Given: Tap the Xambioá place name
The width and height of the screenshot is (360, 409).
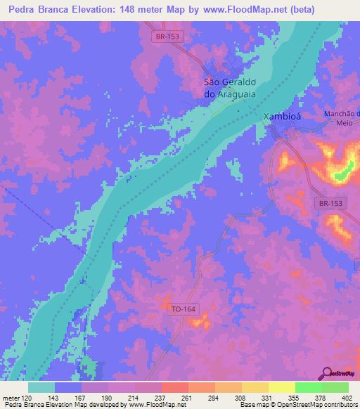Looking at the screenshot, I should pos(281,117).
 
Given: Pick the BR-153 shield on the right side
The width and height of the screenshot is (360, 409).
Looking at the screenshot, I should pos(328,202).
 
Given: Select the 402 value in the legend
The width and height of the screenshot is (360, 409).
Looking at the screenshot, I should pos(347,397).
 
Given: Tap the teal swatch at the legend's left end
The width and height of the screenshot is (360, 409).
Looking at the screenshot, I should pos(41,387).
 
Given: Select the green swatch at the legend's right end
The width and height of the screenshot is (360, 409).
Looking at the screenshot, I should pos(335,387).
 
